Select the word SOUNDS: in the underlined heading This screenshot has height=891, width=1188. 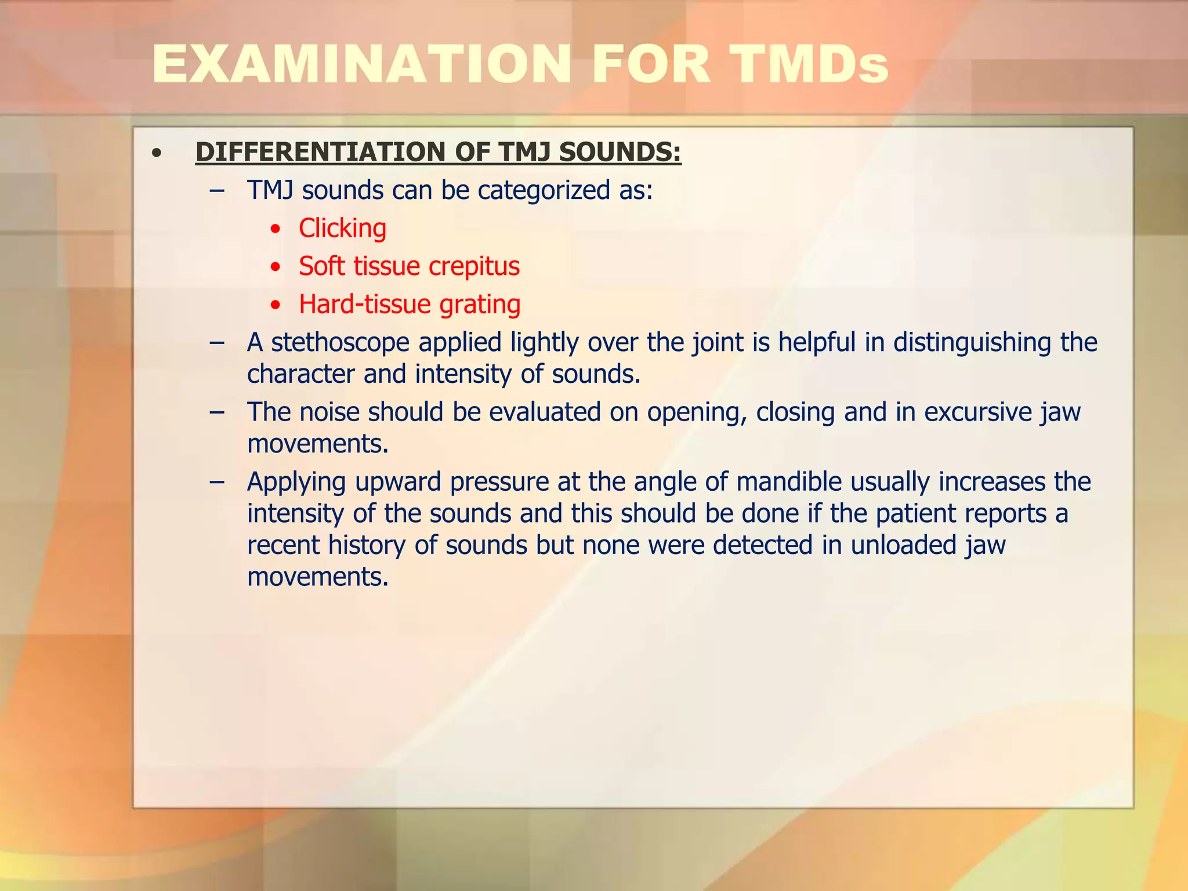[x=620, y=153]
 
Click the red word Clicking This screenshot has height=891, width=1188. [x=342, y=229]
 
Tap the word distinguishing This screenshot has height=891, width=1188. [x=972, y=343]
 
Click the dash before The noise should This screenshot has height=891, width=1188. [x=217, y=412]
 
